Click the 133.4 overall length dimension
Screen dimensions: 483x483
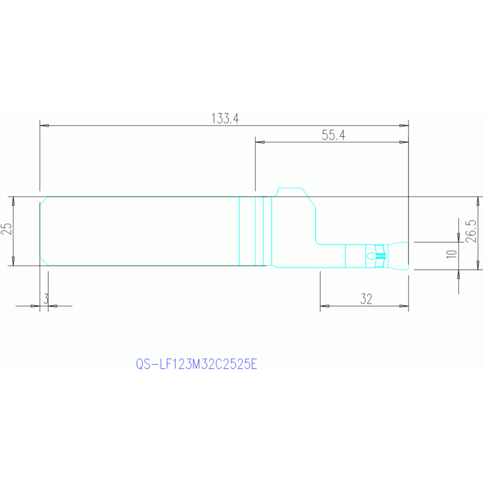(225, 118)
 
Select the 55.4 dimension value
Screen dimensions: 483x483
(334, 135)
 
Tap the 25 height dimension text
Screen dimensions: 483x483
(7, 229)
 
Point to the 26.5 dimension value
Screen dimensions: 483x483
(471, 231)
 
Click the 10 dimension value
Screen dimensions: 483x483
(452, 254)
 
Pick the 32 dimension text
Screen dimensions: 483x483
(367, 299)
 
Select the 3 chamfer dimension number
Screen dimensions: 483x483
(46, 298)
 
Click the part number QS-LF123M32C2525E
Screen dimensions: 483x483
(196, 365)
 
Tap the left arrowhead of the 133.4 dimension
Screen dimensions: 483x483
(44, 126)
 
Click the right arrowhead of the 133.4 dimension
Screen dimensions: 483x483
(404, 126)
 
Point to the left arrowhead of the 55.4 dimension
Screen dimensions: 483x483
(260, 142)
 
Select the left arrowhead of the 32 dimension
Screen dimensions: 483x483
(325, 306)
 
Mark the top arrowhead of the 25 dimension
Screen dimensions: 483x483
(13, 202)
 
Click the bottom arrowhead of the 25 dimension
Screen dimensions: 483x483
(13, 261)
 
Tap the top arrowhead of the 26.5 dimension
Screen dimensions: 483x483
(478, 202)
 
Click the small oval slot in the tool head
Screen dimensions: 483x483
(372, 256)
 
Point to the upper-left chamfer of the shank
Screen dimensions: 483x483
(43, 200)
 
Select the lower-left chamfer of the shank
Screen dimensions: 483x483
(43, 261)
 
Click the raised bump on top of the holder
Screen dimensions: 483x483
(290, 188)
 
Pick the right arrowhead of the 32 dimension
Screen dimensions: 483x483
(404, 306)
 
